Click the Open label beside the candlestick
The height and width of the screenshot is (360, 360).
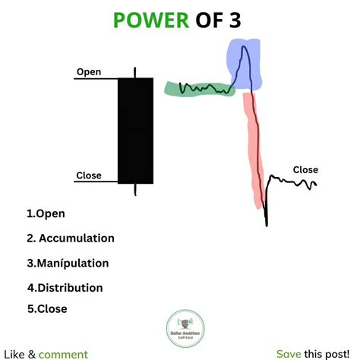(x=88, y=72)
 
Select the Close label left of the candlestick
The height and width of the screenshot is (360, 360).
(x=89, y=176)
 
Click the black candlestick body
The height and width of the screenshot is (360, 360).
(x=135, y=130)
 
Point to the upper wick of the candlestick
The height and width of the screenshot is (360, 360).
(x=135, y=73)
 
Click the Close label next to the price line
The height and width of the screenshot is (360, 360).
(x=305, y=170)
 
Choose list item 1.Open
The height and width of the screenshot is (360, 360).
(x=46, y=213)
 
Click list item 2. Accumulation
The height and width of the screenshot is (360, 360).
(x=70, y=238)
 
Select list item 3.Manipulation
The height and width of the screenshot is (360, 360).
(x=68, y=264)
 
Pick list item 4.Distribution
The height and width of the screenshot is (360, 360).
(x=65, y=288)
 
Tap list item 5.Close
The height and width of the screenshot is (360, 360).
(x=47, y=309)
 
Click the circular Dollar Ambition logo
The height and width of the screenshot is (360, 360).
(x=180, y=327)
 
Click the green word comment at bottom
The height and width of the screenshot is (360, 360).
(x=63, y=354)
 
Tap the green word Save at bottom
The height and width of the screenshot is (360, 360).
(x=289, y=354)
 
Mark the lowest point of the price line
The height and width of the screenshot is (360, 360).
(x=267, y=225)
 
